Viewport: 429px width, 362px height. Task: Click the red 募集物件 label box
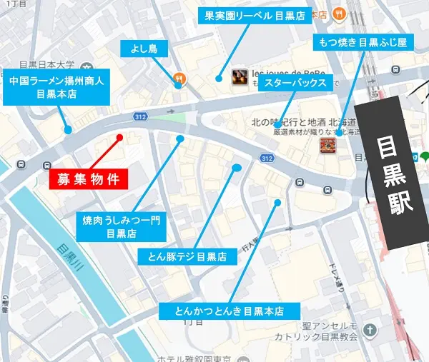[x=89, y=178]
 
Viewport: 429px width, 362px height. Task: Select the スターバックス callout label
[x=295, y=84]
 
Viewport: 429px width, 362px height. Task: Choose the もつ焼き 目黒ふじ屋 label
[x=363, y=43]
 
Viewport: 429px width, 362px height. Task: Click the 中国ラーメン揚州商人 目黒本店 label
[x=56, y=88]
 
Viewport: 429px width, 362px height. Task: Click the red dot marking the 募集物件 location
[x=119, y=137]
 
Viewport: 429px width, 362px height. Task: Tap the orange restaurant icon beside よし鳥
[x=178, y=80]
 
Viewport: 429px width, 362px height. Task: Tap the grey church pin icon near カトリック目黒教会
[x=370, y=330]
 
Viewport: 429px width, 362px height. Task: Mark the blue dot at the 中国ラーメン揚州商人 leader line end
[x=68, y=130]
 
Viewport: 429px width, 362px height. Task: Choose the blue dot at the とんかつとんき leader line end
[x=277, y=203]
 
